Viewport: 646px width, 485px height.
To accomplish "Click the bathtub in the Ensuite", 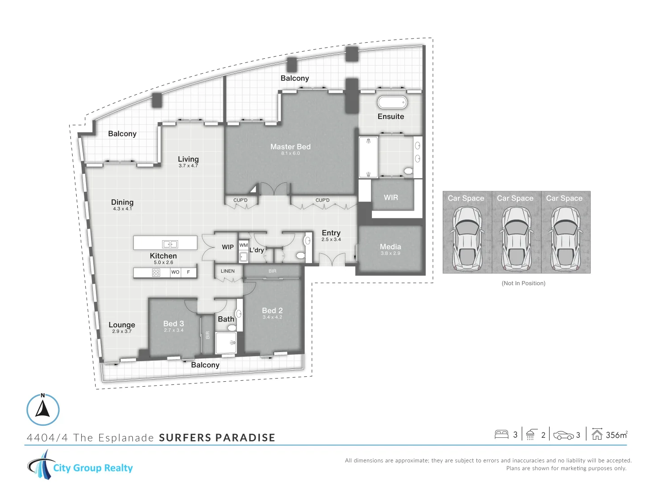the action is [392, 102].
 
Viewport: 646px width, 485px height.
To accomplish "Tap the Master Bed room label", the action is [291, 147].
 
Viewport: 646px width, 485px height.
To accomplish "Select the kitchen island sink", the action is [170, 244].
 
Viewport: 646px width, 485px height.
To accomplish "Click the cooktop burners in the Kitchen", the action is [156, 273].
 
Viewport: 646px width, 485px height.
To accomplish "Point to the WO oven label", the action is [175, 272].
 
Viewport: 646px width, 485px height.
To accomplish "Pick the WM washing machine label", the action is [244, 245].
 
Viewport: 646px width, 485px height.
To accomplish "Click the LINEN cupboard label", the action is [227, 271].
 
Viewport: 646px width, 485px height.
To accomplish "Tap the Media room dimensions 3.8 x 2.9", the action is [390, 253].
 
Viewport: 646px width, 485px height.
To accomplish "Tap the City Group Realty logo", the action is [80, 465].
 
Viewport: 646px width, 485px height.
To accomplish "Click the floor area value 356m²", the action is [616, 435].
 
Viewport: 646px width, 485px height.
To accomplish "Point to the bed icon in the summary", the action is [502, 435].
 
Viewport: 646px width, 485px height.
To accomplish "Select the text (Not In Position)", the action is [523, 283].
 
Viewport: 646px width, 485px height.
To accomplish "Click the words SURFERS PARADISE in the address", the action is [217, 437].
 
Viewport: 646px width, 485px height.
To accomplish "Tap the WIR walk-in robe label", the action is [391, 198].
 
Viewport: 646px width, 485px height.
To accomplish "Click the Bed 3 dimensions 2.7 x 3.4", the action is [174, 330].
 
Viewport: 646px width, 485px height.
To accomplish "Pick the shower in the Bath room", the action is [226, 343].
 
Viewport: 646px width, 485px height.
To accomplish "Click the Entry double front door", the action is [332, 259].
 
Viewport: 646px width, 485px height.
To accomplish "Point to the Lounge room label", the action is [122, 325].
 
